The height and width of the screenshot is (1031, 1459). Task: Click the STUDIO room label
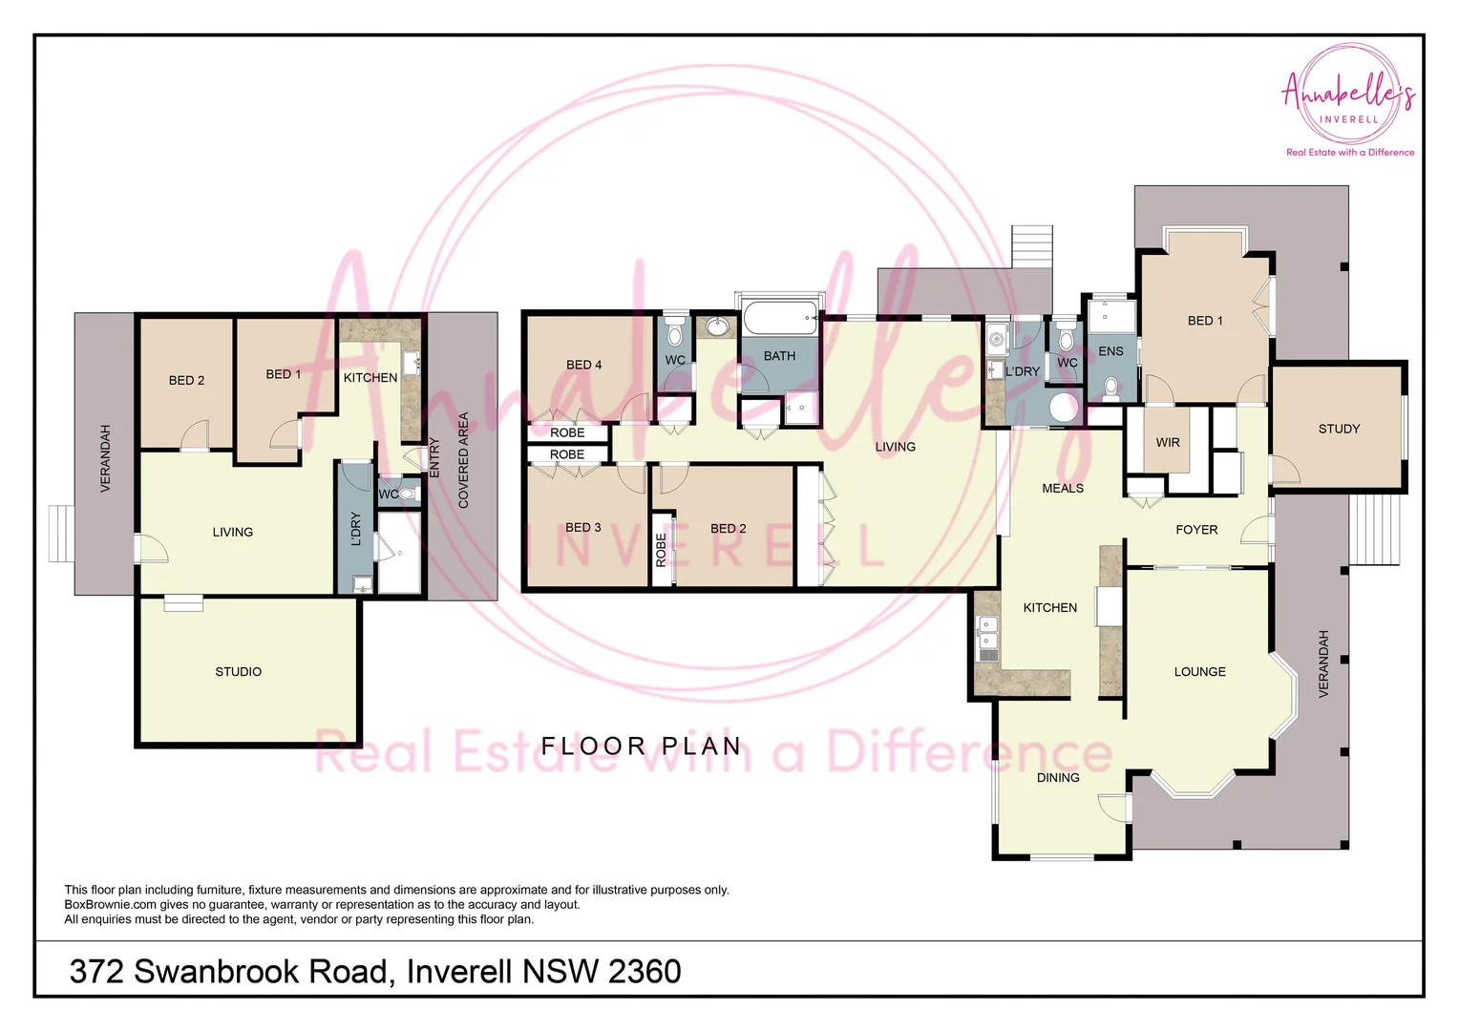[x=238, y=672]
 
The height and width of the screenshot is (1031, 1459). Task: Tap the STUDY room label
[x=1339, y=430]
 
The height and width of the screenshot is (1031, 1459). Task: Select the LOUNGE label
[x=1199, y=672]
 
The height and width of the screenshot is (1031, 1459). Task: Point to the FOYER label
[x=1196, y=530]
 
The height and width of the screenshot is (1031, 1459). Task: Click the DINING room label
[x=1058, y=778]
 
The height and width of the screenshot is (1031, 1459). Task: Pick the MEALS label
[x=1063, y=489]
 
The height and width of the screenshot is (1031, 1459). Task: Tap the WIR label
[x=1168, y=443]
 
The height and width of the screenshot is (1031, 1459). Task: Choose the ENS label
[x=1110, y=351]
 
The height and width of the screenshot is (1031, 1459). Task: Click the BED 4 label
[x=583, y=365]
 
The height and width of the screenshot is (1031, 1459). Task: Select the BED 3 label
[x=582, y=528]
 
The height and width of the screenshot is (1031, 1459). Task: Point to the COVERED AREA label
[x=464, y=460]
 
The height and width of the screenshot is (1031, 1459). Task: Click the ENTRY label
[x=434, y=458]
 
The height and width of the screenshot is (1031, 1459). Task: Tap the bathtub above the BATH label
[x=780, y=318]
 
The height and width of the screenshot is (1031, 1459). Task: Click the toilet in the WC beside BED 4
[x=675, y=334]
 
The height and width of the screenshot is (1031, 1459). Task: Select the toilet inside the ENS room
[x=1111, y=387]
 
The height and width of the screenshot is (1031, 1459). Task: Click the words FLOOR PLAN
[x=641, y=747]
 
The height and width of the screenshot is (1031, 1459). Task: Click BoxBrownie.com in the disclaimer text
[x=110, y=905]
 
